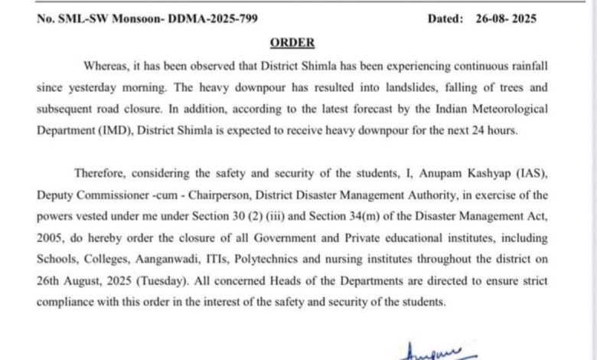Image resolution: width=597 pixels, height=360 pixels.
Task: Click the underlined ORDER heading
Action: coord(292,43)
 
